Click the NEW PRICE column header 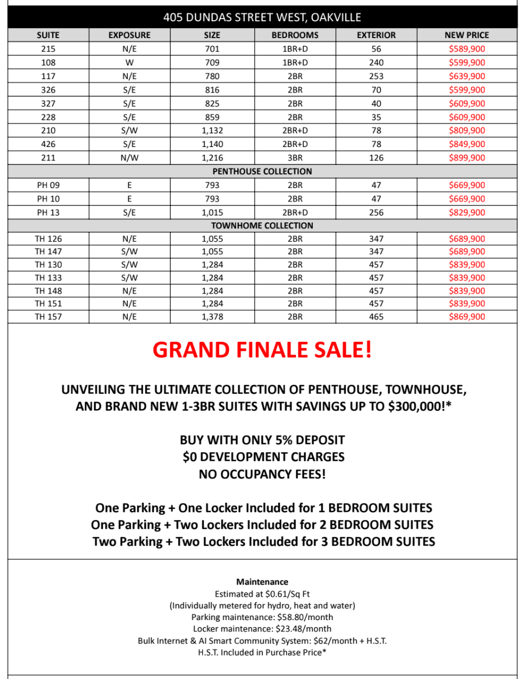click(x=466, y=35)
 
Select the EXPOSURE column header click(x=130, y=35)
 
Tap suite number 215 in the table click(x=48, y=49)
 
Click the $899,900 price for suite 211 click(x=466, y=158)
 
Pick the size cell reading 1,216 click(x=212, y=158)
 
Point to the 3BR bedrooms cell click(x=295, y=158)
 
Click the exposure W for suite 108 click(x=130, y=62)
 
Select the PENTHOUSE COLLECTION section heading click(x=262, y=171)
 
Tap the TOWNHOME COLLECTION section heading click(x=262, y=226)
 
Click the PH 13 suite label click(x=48, y=212)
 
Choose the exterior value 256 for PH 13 click(x=376, y=212)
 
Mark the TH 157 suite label click(x=48, y=316)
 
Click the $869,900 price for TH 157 click(x=466, y=316)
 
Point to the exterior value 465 click(x=376, y=316)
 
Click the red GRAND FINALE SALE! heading click(x=262, y=350)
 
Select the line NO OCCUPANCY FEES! click(x=262, y=474)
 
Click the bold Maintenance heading click(x=262, y=582)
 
